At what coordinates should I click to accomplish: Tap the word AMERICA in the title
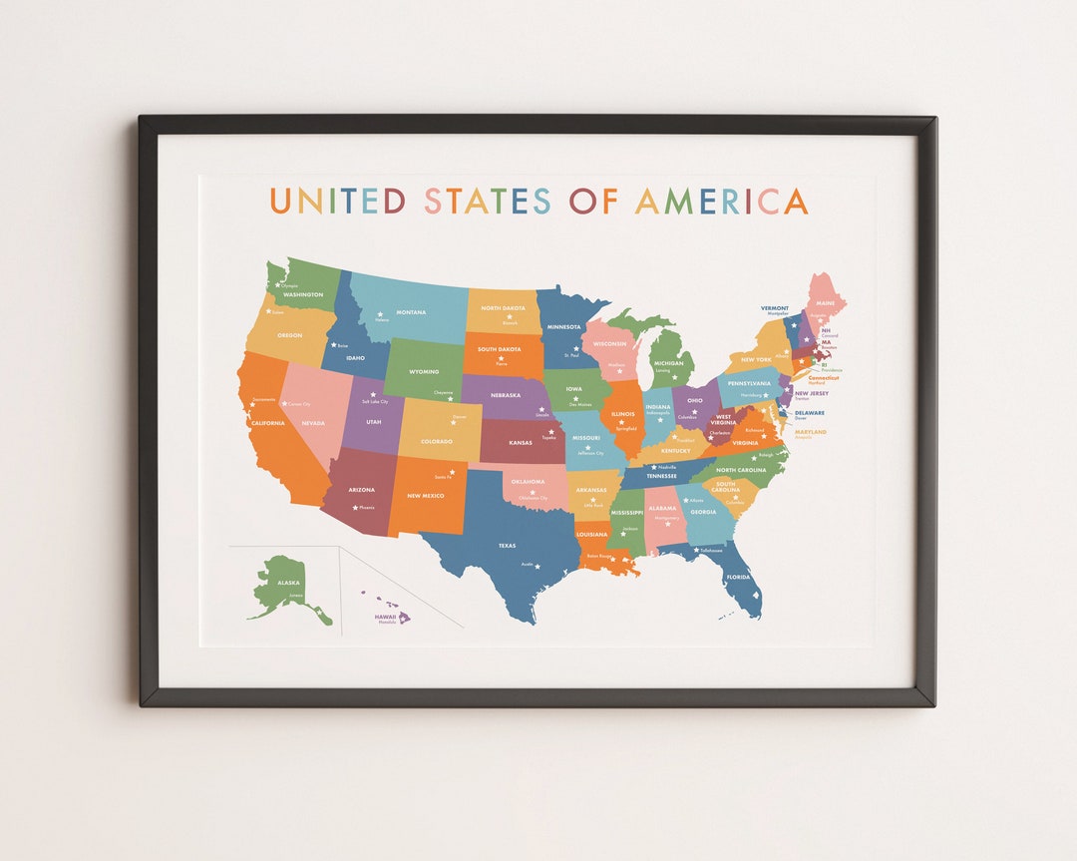(721, 201)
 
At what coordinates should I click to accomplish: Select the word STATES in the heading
(488, 201)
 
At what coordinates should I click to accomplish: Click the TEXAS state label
(508, 546)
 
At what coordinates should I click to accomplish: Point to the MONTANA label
(411, 312)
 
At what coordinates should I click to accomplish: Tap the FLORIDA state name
(738, 577)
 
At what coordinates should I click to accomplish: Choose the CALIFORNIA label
(268, 422)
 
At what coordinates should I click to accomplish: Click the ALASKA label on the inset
(288, 583)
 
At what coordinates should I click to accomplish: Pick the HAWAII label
(385, 617)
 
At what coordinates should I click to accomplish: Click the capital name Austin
(528, 564)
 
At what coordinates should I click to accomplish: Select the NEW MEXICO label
(426, 496)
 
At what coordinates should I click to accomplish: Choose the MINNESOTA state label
(563, 326)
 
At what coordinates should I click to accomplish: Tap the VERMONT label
(775, 308)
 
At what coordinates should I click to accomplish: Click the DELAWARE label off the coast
(810, 412)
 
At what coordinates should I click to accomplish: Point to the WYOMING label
(424, 371)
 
